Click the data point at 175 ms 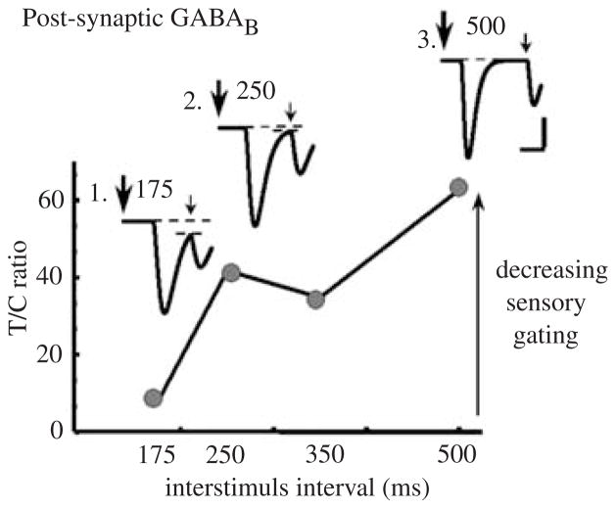(x=153, y=397)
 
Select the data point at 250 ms (x=232, y=272)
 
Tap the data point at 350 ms (x=316, y=300)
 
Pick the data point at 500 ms (x=457, y=187)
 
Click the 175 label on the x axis (x=158, y=456)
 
